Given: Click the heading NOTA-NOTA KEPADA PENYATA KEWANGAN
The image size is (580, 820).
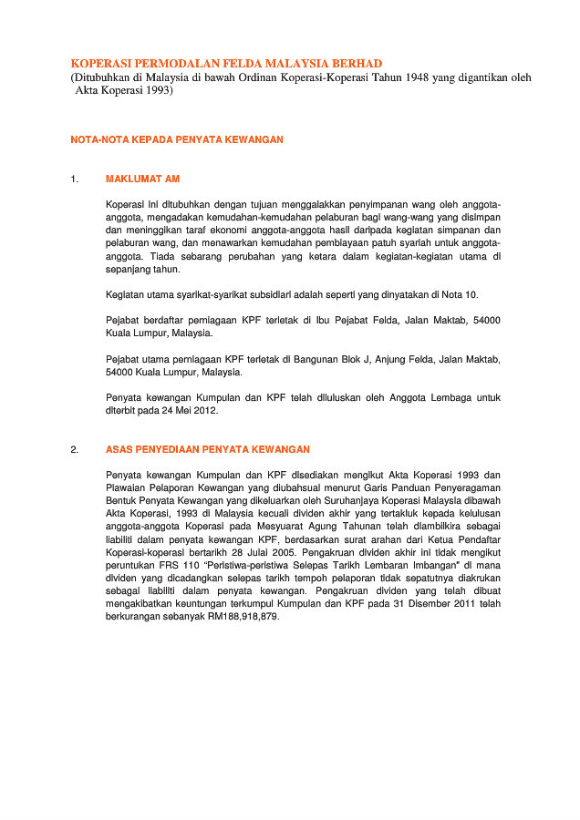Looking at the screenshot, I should pos(177,139).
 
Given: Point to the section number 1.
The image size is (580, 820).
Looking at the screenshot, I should pos(74,179).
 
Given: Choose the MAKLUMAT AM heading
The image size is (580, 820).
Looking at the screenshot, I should pos(143,179).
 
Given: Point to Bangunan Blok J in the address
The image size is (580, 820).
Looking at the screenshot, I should pos(298,360).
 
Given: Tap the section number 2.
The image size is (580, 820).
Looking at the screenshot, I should pos(74,449).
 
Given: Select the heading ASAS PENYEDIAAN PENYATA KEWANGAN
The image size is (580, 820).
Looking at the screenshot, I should pos(208,449).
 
